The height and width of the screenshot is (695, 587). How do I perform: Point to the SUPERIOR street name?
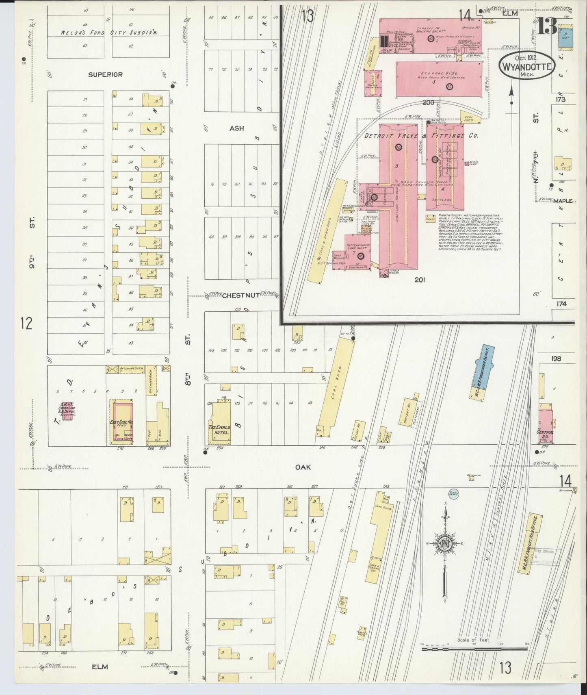click(x=105, y=74)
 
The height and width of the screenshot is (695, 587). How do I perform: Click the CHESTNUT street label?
click(x=240, y=295)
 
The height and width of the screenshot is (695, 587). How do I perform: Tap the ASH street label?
click(x=236, y=128)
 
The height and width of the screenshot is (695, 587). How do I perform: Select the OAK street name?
click(x=303, y=467)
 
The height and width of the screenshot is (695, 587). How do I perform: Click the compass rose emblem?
click(x=445, y=543)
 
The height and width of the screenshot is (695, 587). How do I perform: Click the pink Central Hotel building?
click(x=546, y=427)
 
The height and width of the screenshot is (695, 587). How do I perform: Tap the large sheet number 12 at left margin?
click(x=26, y=324)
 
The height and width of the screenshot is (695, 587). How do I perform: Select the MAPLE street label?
click(x=563, y=201)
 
